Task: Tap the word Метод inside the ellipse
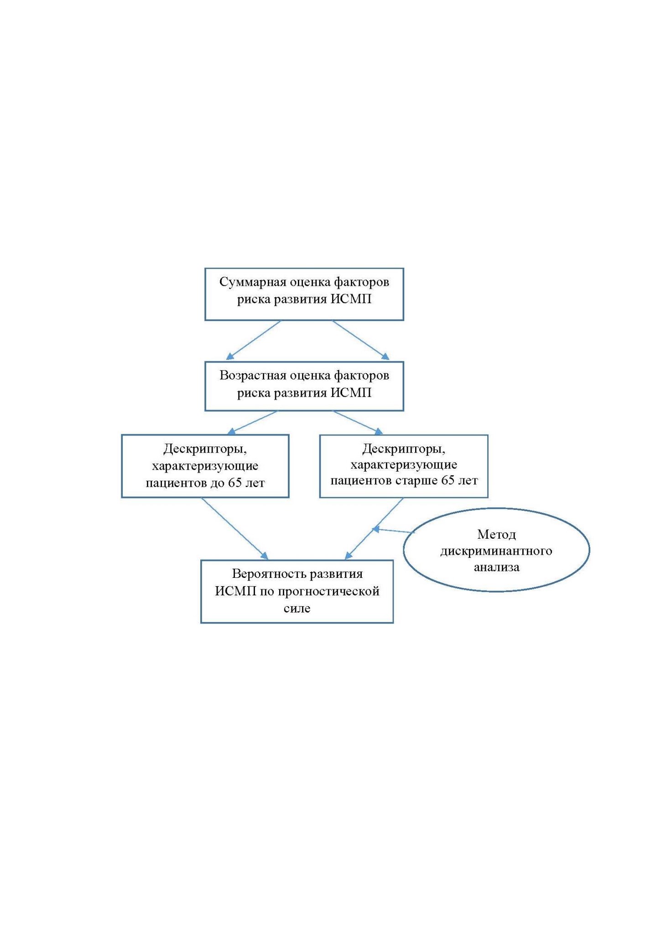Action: (x=496, y=534)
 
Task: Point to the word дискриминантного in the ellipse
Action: (x=496, y=551)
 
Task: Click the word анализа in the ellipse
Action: (x=496, y=567)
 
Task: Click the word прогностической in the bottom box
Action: (x=328, y=592)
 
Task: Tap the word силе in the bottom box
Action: (x=297, y=608)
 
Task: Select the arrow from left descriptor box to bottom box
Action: (x=234, y=528)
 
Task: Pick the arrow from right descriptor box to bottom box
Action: (x=374, y=528)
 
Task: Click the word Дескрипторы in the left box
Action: (x=205, y=450)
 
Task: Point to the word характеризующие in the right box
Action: (x=404, y=465)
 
